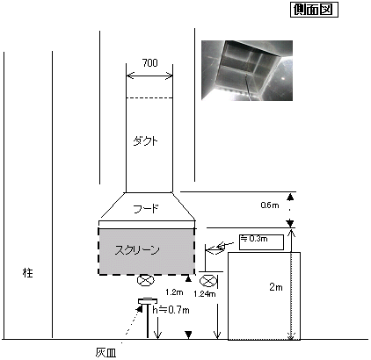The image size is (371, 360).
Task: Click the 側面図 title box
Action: (314, 10)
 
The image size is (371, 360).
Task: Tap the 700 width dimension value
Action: (149, 63)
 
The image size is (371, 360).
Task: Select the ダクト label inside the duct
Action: (145, 141)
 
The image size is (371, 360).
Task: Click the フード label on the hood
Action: (146, 209)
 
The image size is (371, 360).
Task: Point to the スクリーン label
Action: (137, 250)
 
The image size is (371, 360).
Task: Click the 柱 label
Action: (28, 273)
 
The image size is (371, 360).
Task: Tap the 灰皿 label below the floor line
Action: (105, 353)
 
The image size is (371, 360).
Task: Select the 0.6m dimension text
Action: (270, 205)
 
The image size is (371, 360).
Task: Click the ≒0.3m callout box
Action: (261, 242)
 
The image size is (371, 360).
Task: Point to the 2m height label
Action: (276, 287)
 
